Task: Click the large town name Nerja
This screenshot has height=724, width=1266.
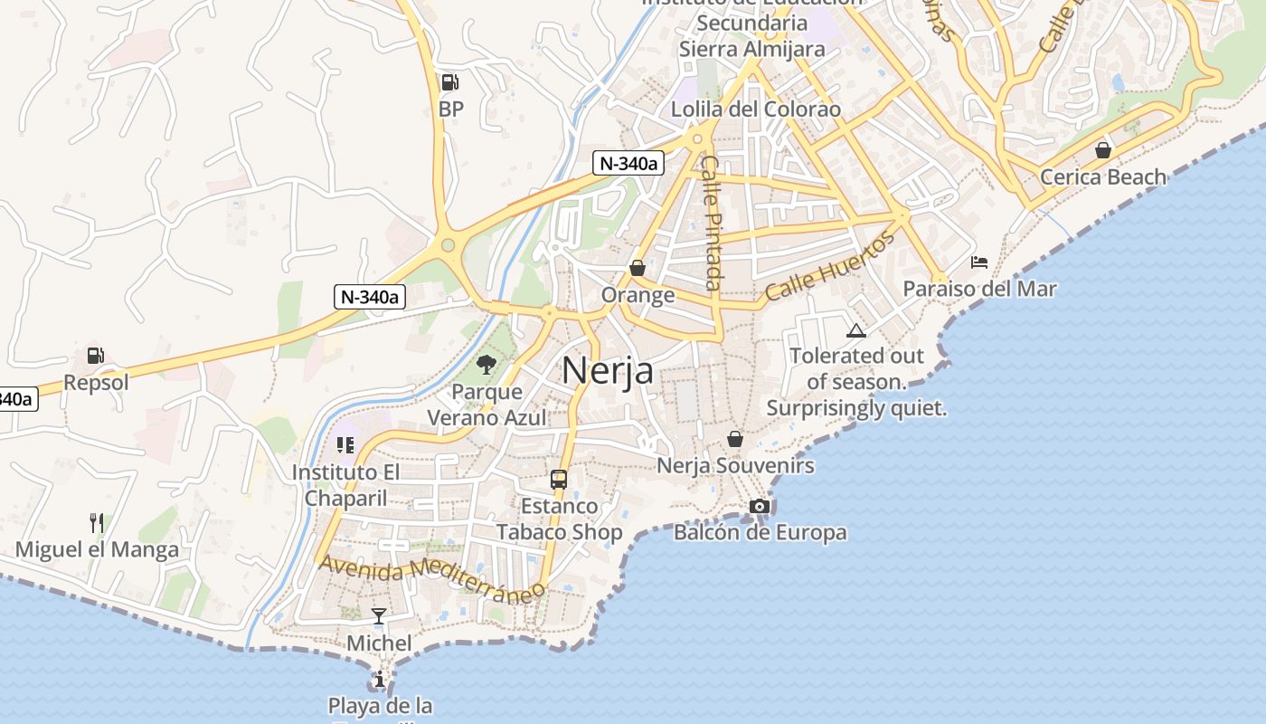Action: (608, 370)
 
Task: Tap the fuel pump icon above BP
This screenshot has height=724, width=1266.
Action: (449, 82)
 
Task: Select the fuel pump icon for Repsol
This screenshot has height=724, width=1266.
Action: (96, 356)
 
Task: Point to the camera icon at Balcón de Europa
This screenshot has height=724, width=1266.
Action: (760, 506)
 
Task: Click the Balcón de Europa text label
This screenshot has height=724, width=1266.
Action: (760, 532)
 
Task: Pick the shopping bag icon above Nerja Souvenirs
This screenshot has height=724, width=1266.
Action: (735, 439)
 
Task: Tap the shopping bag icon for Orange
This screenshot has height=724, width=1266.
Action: (638, 268)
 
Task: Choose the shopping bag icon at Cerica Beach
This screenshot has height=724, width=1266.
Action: (1103, 150)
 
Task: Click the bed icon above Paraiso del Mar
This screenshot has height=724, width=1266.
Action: (978, 262)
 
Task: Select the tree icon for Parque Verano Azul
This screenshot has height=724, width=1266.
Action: (487, 365)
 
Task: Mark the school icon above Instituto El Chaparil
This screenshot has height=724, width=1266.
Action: (345, 444)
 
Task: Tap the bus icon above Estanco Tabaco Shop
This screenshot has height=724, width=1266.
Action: (559, 480)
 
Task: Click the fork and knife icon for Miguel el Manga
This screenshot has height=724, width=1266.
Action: (97, 522)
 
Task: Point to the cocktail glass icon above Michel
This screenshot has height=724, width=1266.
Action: (379, 616)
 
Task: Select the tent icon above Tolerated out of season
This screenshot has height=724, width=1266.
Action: (855, 330)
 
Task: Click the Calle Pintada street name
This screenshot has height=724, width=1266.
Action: (713, 223)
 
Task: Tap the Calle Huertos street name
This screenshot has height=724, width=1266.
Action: (829, 266)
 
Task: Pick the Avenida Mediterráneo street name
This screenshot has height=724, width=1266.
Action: (432, 576)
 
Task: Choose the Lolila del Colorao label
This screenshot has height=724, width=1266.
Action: (756, 110)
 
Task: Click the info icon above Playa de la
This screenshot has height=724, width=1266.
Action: (380, 679)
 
